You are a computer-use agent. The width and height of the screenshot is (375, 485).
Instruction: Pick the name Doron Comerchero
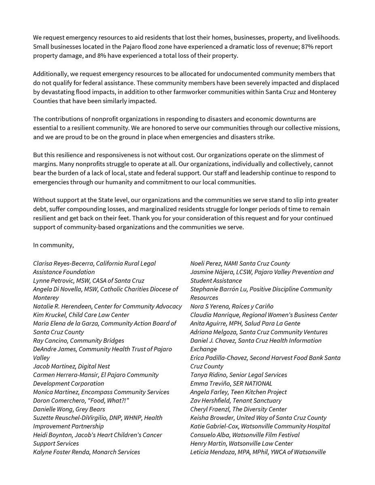(59, 401)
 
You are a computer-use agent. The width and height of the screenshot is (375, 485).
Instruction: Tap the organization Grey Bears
(89, 409)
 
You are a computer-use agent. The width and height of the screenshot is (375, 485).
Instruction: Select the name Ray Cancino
(50, 341)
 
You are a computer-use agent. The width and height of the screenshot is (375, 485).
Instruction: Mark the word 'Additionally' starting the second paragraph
(51, 74)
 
